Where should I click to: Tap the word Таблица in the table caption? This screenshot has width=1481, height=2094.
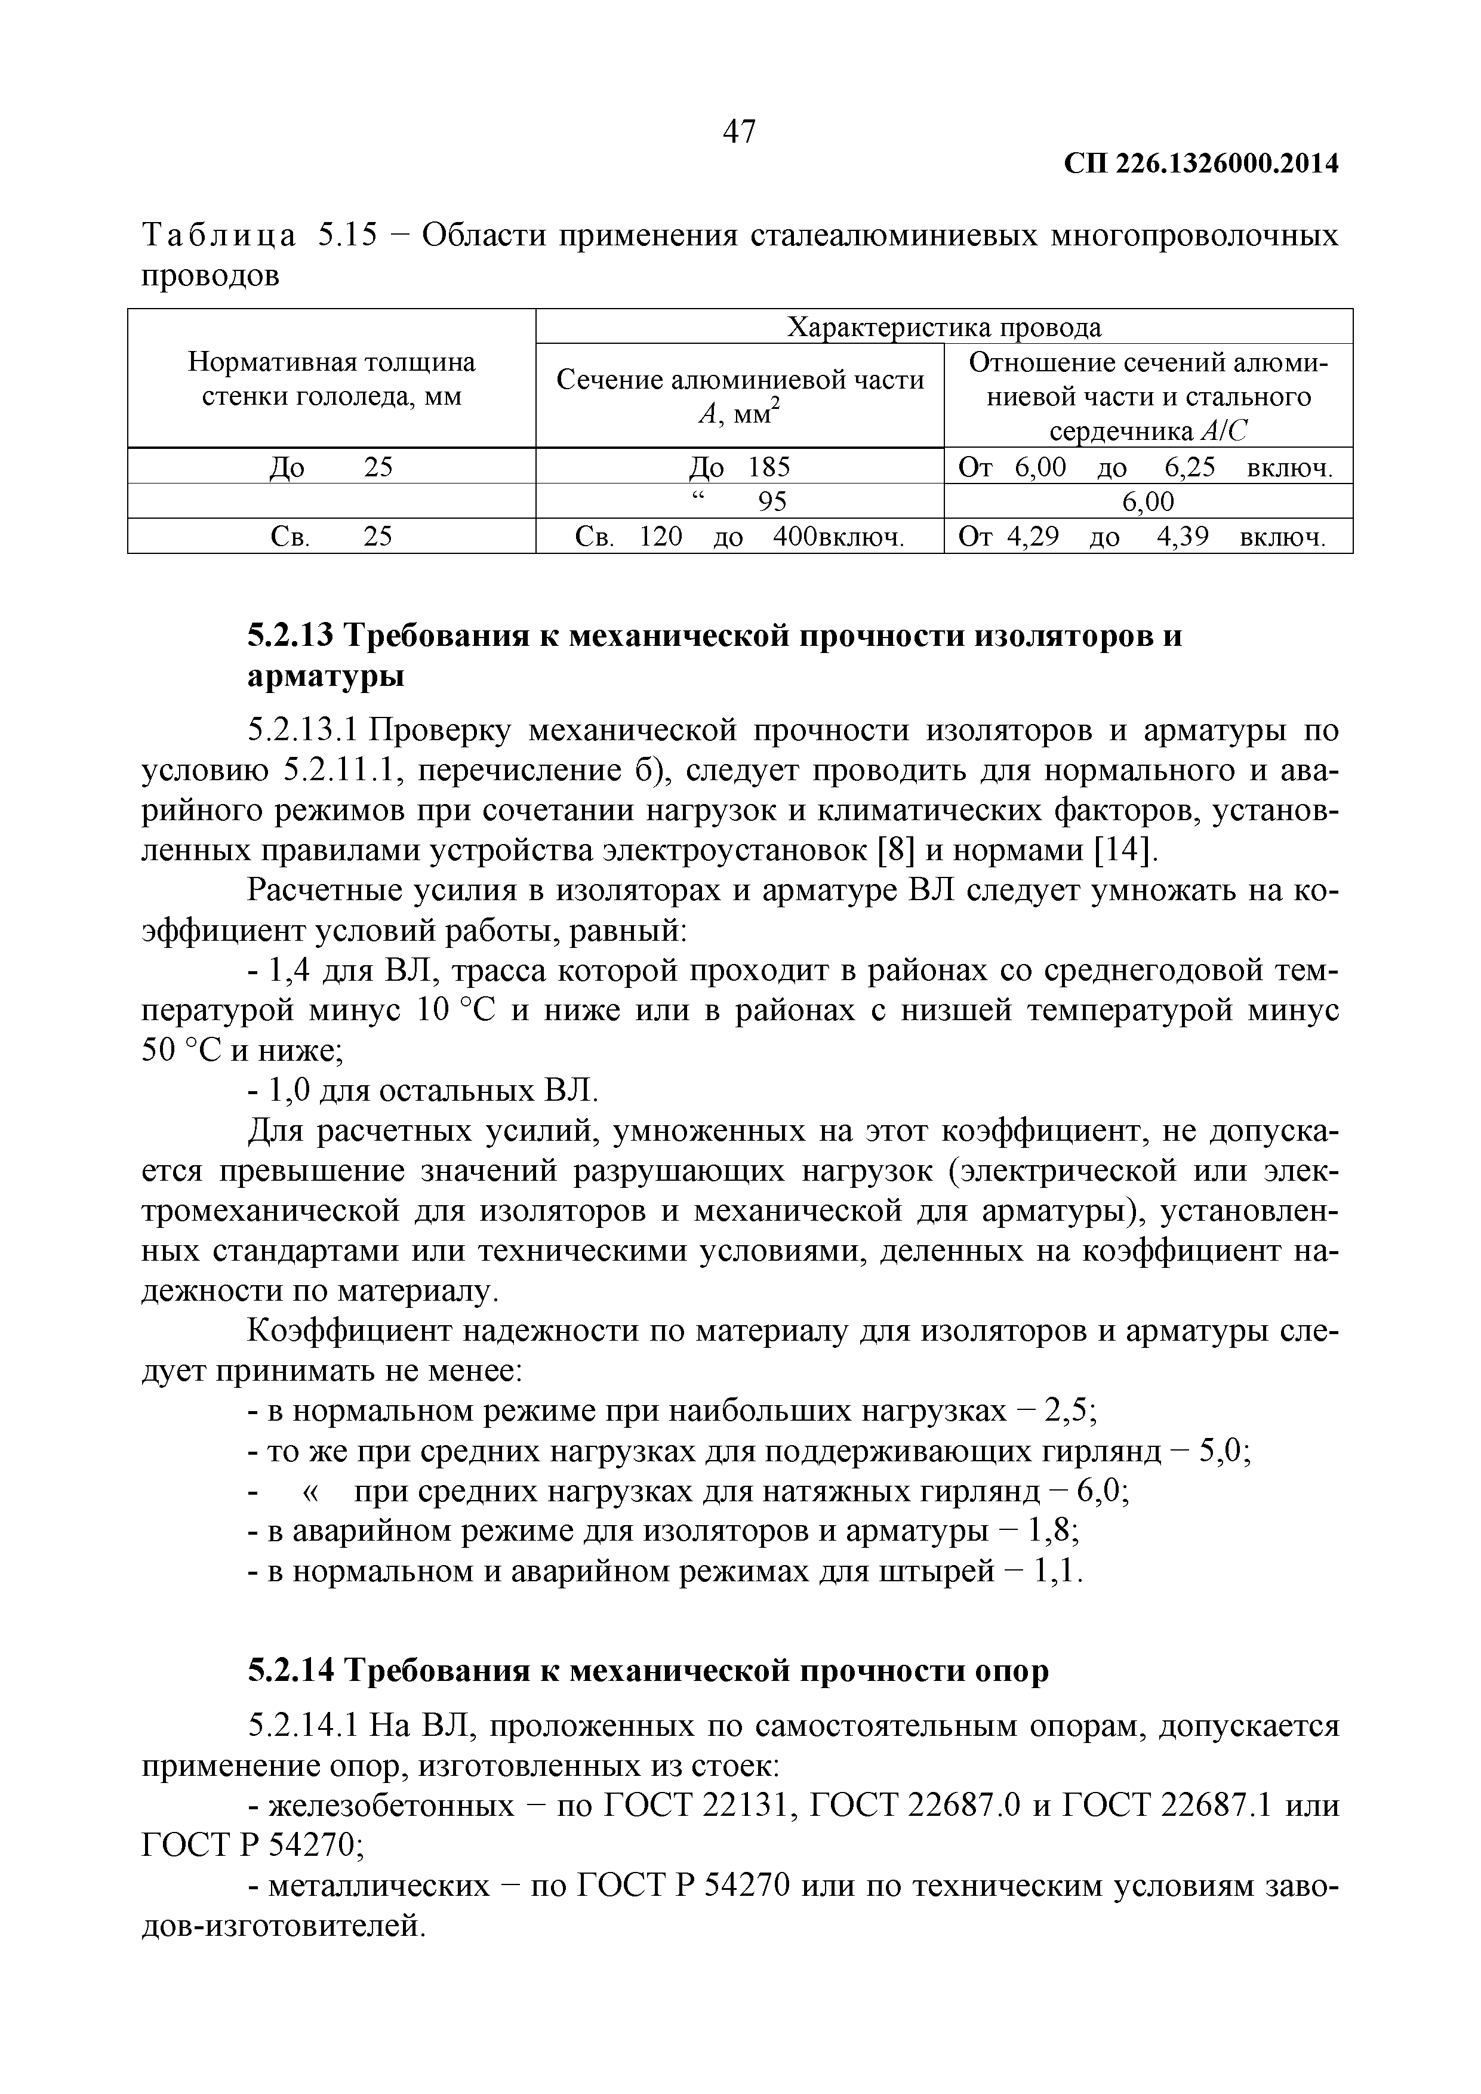click(x=219, y=236)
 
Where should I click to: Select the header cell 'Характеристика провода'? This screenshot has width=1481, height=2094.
click(x=943, y=327)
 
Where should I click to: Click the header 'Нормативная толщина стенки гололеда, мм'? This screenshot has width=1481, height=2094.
click(x=331, y=380)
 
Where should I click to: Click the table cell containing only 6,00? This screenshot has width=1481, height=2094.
click(x=1147, y=501)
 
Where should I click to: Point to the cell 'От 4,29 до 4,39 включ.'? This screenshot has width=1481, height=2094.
click(x=1147, y=537)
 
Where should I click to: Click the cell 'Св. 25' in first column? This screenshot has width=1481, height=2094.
click(x=331, y=537)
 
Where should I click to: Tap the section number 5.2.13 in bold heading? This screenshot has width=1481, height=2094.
click(x=289, y=636)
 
